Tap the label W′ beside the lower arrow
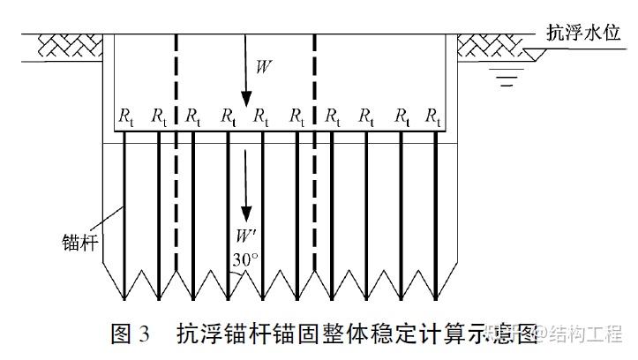(x=246, y=236)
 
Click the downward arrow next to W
(x=246, y=75)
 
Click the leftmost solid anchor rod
(x=125, y=203)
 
